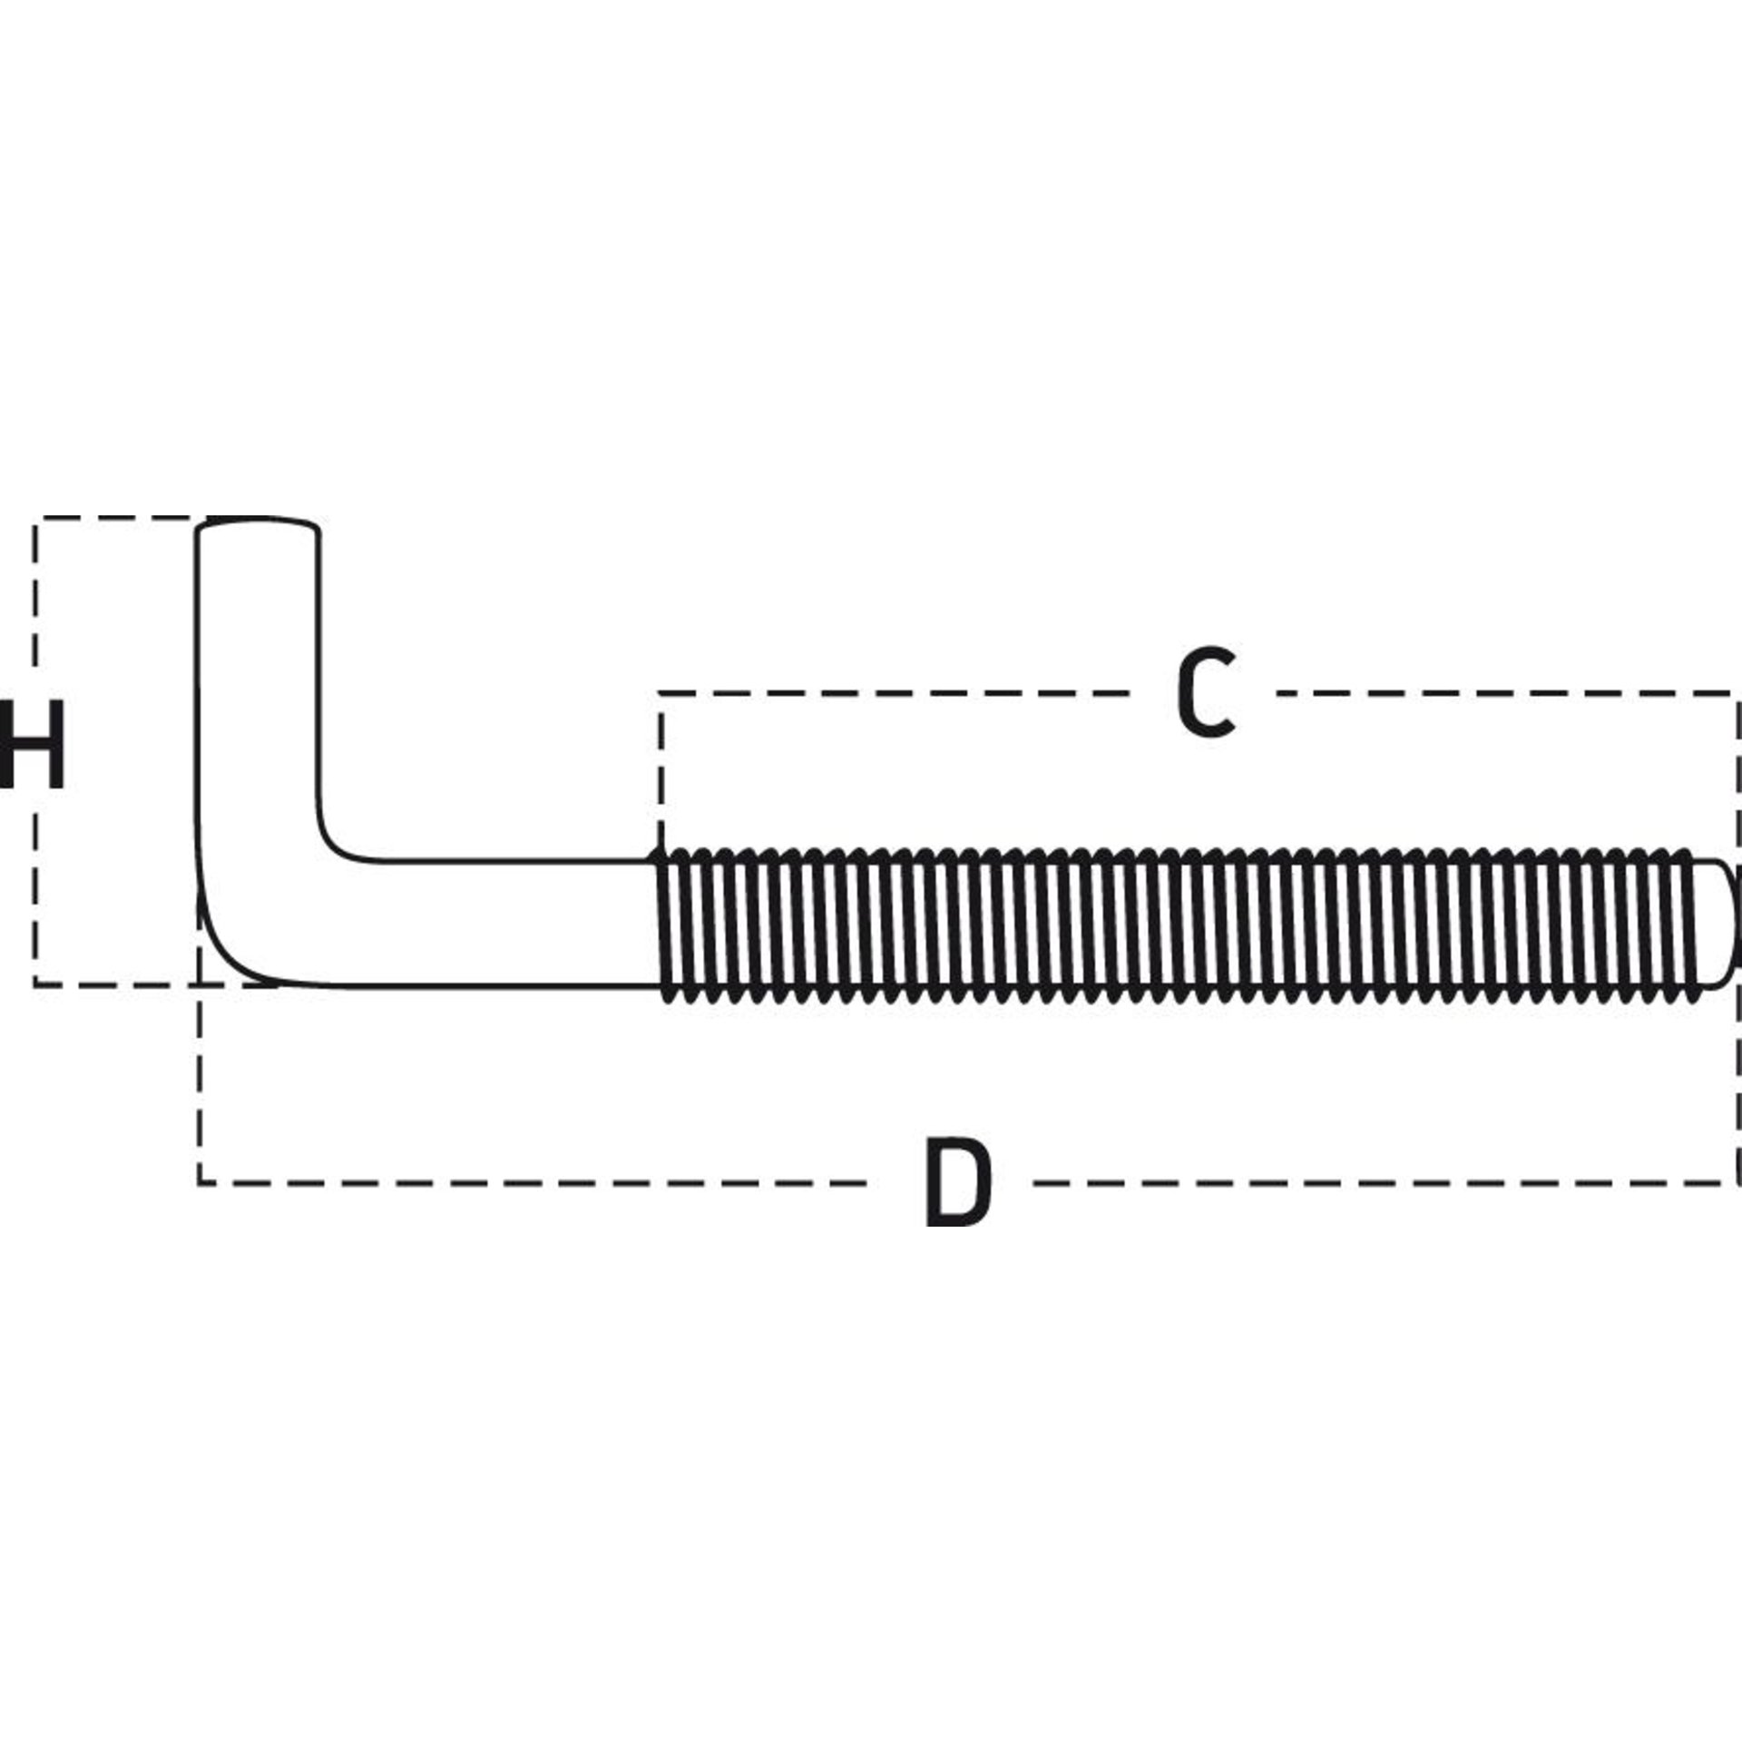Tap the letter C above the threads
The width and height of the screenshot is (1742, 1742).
tap(1205, 692)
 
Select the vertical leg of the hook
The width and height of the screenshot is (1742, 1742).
tap(259, 690)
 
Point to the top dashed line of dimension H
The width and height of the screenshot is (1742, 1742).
tap(118, 518)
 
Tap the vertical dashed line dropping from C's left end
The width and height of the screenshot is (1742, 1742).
tap(661, 771)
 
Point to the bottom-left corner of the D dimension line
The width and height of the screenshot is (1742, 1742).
tap(200, 1182)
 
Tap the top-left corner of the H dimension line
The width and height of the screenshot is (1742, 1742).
tap(35, 519)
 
